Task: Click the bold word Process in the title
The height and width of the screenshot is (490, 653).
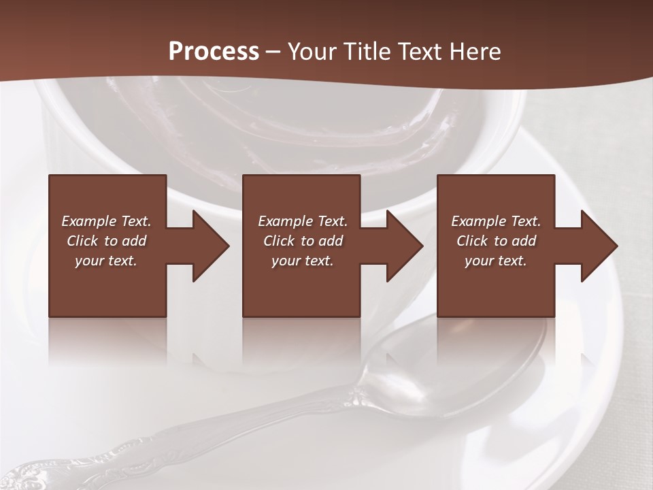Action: point(214,51)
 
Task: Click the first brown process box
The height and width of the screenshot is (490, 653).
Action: point(107,286)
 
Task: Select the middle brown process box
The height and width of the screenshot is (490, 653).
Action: point(301,286)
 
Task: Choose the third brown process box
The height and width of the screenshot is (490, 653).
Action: point(495,286)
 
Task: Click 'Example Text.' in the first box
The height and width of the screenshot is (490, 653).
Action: point(106,221)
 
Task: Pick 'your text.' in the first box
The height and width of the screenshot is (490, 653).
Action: point(106,261)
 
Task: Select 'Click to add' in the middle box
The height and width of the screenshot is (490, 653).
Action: point(303,241)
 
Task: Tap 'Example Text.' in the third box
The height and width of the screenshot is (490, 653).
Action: point(496,221)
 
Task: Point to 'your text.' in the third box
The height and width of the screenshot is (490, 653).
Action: point(496,261)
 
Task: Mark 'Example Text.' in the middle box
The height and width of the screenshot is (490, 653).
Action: point(303,221)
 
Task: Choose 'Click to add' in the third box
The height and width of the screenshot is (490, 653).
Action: point(496,241)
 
